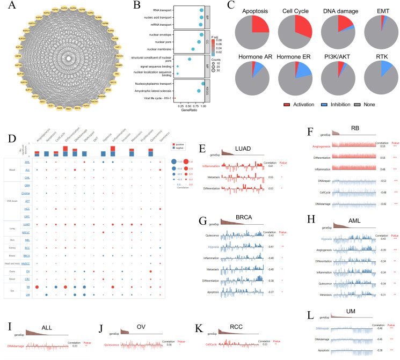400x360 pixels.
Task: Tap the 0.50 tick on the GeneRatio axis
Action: pos(189,107)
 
